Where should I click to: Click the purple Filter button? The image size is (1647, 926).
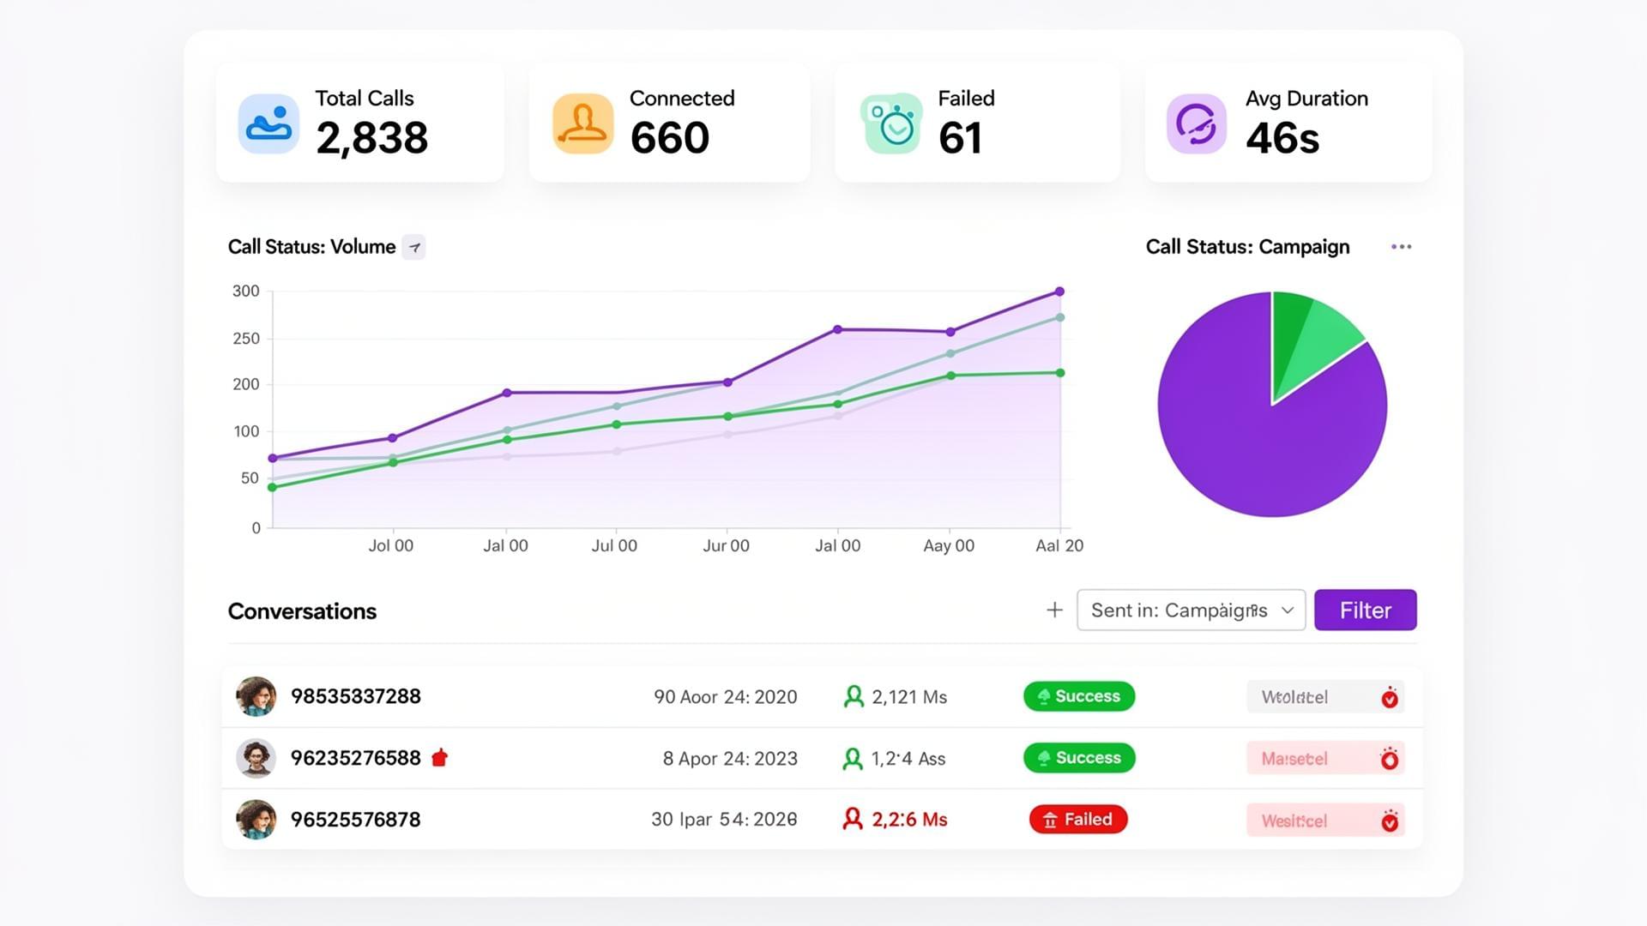click(x=1365, y=610)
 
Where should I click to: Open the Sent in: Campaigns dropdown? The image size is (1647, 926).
click(x=1191, y=610)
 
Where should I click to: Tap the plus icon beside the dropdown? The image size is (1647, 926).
click(x=1054, y=610)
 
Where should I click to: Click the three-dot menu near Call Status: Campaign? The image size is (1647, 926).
click(x=1401, y=247)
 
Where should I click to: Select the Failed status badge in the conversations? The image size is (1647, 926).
click(x=1078, y=820)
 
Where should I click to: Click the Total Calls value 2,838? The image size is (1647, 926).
click(x=371, y=138)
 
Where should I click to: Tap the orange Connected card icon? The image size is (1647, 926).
click(x=582, y=123)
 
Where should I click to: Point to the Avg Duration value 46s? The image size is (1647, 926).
click(x=1282, y=138)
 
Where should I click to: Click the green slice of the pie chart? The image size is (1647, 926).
click(x=1308, y=343)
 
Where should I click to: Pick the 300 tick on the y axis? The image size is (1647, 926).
click(x=245, y=292)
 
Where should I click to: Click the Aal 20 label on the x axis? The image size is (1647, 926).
click(x=1059, y=546)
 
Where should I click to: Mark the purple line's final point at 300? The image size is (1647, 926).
click(x=1059, y=292)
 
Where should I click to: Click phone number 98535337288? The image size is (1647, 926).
click(x=355, y=696)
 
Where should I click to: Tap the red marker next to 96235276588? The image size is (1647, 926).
click(x=439, y=758)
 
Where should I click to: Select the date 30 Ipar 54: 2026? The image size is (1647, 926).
click(x=723, y=820)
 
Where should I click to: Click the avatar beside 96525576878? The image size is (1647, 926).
click(x=256, y=820)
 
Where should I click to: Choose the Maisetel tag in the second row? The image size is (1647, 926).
click(x=1294, y=759)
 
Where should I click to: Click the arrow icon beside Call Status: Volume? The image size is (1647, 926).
click(x=414, y=248)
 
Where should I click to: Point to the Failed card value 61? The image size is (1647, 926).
click(x=960, y=138)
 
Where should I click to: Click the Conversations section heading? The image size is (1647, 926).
click(x=302, y=611)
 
